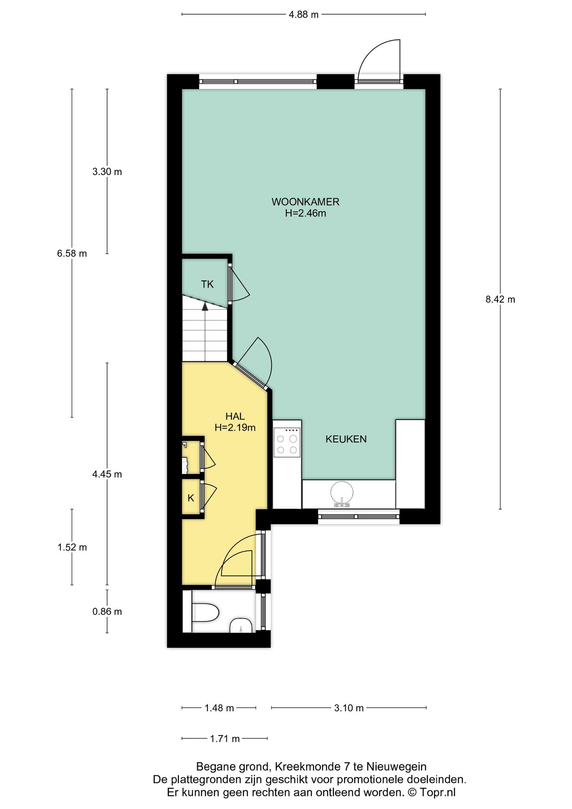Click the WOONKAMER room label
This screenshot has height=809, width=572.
click(x=305, y=202)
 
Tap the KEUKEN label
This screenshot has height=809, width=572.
click(x=346, y=439)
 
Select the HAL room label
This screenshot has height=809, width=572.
click(x=235, y=416)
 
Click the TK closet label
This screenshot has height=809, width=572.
click(x=207, y=284)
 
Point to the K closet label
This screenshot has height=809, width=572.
click(x=191, y=498)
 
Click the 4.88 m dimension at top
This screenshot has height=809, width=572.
click(x=304, y=15)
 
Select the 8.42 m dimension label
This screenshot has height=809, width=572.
click(x=500, y=299)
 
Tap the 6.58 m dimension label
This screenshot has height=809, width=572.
click(x=72, y=254)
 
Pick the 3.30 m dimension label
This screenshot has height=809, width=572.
click(x=107, y=172)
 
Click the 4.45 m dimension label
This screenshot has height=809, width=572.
click(x=107, y=474)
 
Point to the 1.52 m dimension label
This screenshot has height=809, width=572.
click(x=72, y=547)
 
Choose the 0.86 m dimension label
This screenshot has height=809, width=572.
click(x=107, y=612)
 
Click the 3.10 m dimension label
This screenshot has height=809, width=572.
click(x=349, y=708)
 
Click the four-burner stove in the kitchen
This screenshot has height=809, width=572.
click(x=287, y=442)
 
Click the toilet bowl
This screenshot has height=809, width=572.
click(x=205, y=613)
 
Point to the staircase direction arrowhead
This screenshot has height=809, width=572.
click(x=205, y=306)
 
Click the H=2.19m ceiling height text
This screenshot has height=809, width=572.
click(x=235, y=427)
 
